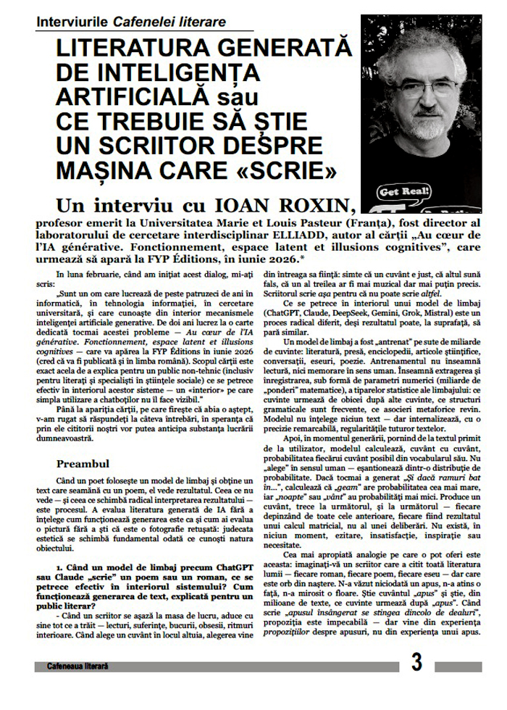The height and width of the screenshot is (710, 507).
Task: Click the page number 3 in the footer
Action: click(x=416, y=661)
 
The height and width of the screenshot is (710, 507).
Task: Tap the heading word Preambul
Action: click(x=83, y=463)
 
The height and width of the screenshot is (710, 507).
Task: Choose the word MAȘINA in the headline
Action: click(x=101, y=172)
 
